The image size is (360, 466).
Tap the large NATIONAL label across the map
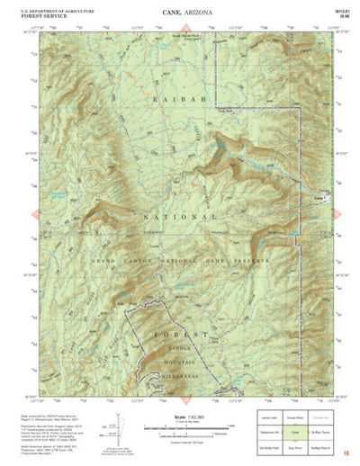point(179,217)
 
